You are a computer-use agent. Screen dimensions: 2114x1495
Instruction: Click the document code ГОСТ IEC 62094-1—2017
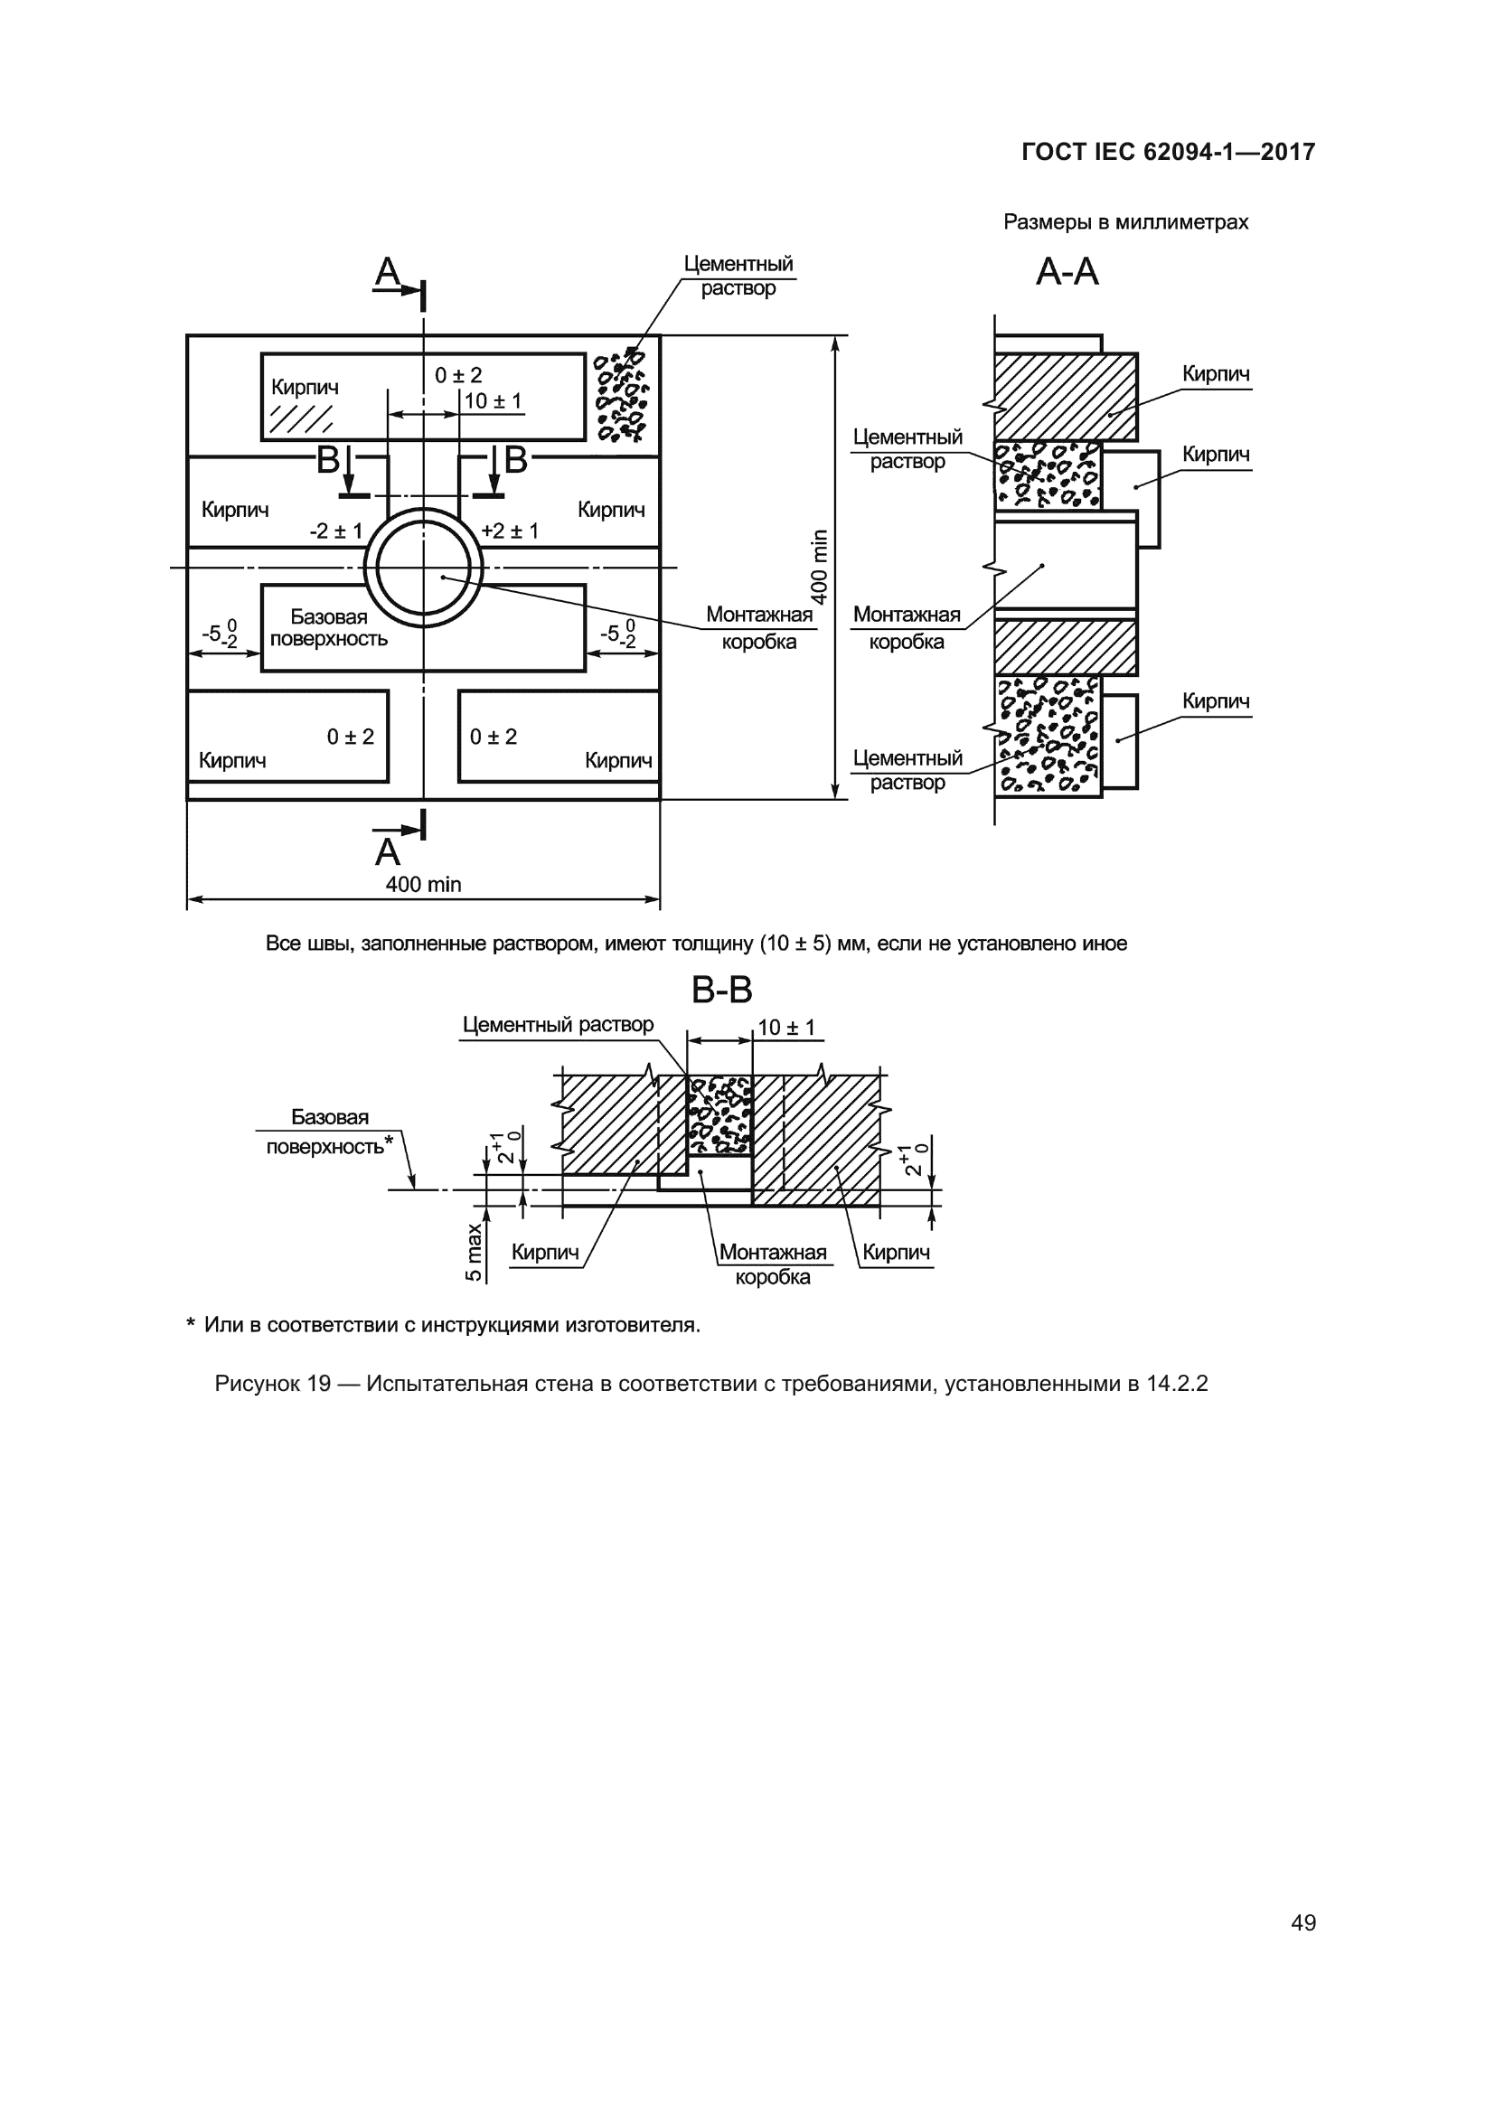pyautogui.click(x=1167, y=152)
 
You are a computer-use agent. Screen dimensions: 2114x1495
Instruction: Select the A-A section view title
pyautogui.click(x=1067, y=272)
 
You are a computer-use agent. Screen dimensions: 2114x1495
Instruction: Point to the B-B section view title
pyautogui.click(x=721, y=991)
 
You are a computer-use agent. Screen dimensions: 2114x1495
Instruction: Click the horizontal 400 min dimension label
pyautogui.click(x=422, y=885)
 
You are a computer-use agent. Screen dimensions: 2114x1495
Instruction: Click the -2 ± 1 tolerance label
pyautogui.click(x=336, y=531)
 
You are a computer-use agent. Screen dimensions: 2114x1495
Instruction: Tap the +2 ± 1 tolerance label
pyautogui.click(x=510, y=531)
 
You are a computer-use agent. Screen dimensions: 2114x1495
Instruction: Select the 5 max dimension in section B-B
pyautogui.click(x=473, y=1252)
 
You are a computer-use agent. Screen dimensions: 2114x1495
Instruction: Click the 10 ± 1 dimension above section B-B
pyautogui.click(x=786, y=1028)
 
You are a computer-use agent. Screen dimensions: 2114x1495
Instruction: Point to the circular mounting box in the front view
pyautogui.click(x=423, y=568)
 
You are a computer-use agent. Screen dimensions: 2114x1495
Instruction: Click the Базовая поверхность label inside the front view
pyautogui.click(x=329, y=628)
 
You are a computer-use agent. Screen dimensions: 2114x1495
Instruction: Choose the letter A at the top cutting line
pyautogui.click(x=388, y=272)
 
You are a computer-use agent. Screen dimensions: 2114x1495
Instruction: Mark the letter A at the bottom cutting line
pyautogui.click(x=388, y=852)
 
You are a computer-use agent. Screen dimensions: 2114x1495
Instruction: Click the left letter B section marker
pyautogui.click(x=328, y=460)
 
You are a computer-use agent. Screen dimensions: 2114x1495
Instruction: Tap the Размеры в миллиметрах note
pyautogui.click(x=1125, y=222)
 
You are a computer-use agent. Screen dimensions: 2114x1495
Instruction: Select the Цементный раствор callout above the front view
pyautogui.click(x=738, y=276)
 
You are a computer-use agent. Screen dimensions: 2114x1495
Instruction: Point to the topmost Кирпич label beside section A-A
pyautogui.click(x=1215, y=374)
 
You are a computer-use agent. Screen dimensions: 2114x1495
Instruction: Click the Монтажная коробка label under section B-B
pyautogui.click(x=772, y=1264)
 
